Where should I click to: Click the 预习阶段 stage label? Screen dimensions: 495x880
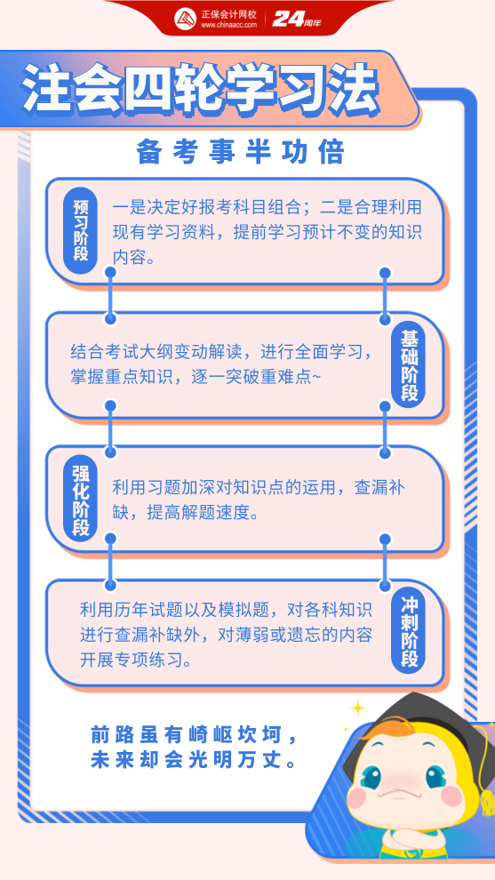80,230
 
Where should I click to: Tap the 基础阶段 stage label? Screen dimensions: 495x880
409,364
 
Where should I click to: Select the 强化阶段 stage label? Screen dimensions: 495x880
80,497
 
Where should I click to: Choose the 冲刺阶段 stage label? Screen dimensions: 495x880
409,631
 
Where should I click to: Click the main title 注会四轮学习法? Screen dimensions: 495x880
201,90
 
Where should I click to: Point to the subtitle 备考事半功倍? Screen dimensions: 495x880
240,152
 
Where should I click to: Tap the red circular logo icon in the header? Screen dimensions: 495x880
185,19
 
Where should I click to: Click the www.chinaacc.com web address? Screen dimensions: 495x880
228,25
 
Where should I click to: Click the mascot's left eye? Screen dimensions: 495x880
371,776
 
